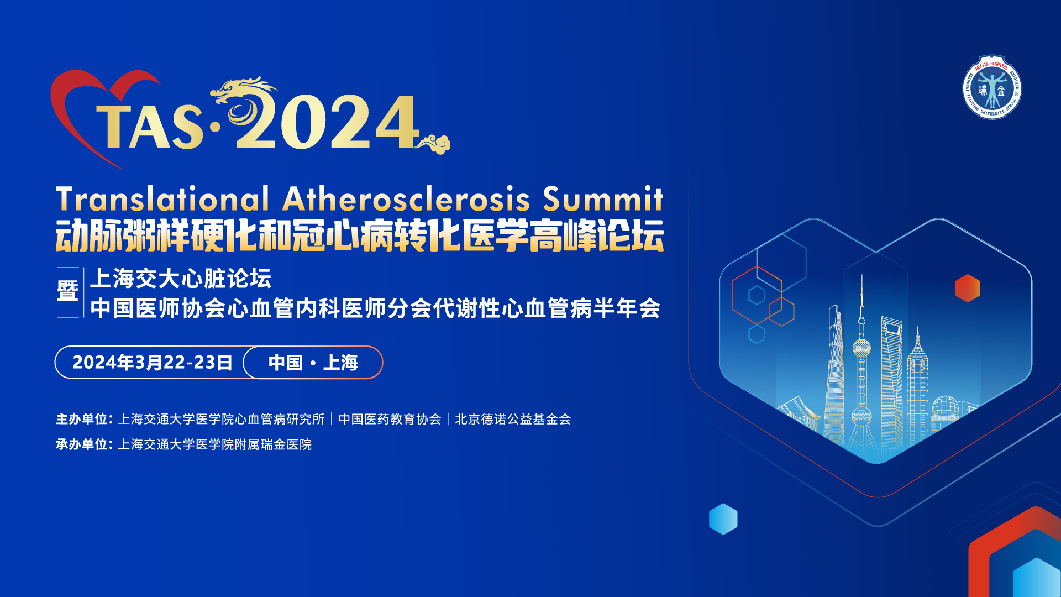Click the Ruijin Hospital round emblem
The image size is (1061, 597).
[x=992, y=87]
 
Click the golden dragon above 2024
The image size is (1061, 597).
[x=243, y=99]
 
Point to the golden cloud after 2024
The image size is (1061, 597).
[x=435, y=144]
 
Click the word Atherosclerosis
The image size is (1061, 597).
[x=406, y=199]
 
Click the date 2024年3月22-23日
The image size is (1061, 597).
[x=152, y=363]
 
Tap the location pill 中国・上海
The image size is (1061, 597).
[x=313, y=363]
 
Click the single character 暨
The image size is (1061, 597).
[x=67, y=291]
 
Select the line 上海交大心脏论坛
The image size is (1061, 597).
[x=181, y=279]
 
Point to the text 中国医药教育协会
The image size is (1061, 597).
[x=390, y=419]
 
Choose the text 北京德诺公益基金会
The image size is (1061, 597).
[x=512, y=419]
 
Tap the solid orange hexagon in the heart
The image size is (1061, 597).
[x=967, y=288]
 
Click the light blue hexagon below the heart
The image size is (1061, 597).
[x=723, y=519]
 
